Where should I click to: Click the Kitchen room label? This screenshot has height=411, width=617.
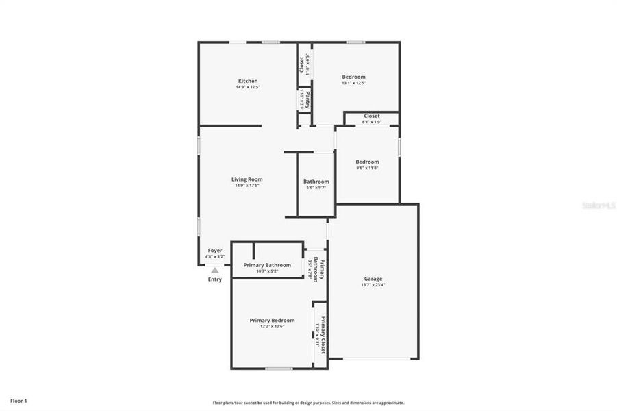pyautogui.click(x=247, y=81)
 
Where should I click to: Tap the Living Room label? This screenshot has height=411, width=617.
pyautogui.click(x=247, y=179)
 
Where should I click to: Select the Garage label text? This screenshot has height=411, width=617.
pyautogui.click(x=373, y=279)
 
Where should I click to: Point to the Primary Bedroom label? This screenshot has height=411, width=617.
pyautogui.click(x=272, y=321)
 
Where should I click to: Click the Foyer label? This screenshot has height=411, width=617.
pyautogui.click(x=215, y=251)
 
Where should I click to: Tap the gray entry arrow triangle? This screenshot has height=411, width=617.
pyautogui.click(x=215, y=271)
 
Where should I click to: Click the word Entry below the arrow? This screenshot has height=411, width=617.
pyautogui.click(x=215, y=279)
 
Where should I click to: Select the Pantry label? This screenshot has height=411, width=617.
pyautogui.click(x=308, y=100)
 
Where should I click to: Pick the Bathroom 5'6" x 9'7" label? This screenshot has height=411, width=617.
pyautogui.click(x=316, y=182)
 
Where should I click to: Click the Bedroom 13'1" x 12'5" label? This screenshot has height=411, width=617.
pyautogui.click(x=353, y=77)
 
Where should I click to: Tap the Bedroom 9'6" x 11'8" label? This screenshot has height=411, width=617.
pyautogui.click(x=367, y=162)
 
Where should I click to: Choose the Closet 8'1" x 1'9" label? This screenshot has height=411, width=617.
pyautogui.click(x=371, y=116)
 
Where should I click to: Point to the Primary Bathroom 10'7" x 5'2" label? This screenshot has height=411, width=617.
pyautogui.click(x=267, y=266)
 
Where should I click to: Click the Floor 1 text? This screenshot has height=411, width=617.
pyautogui.click(x=18, y=400)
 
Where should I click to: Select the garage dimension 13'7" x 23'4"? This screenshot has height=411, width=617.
pyautogui.click(x=373, y=285)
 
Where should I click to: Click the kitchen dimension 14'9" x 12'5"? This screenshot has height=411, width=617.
pyautogui.click(x=247, y=87)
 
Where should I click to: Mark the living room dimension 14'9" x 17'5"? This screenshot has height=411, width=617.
pyautogui.click(x=247, y=186)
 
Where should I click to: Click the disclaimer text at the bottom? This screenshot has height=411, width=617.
pyautogui.click(x=308, y=403)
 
